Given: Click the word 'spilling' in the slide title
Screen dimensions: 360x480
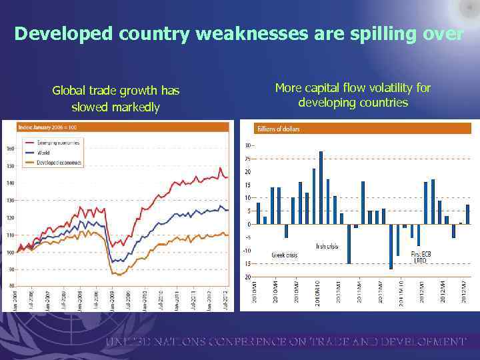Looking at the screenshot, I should [x=387, y=34].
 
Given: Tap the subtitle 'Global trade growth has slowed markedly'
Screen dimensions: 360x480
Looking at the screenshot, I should [x=116, y=98].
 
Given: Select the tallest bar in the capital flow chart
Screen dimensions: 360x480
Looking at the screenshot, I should [x=321, y=187].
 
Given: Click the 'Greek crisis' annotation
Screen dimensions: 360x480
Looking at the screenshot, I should [x=285, y=255].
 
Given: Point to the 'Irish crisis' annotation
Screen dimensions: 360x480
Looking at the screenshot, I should [x=327, y=246].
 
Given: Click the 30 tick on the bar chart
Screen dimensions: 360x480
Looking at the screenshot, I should [x=247, y=145].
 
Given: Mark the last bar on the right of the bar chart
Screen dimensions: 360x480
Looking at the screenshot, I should [x=468, y=214].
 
